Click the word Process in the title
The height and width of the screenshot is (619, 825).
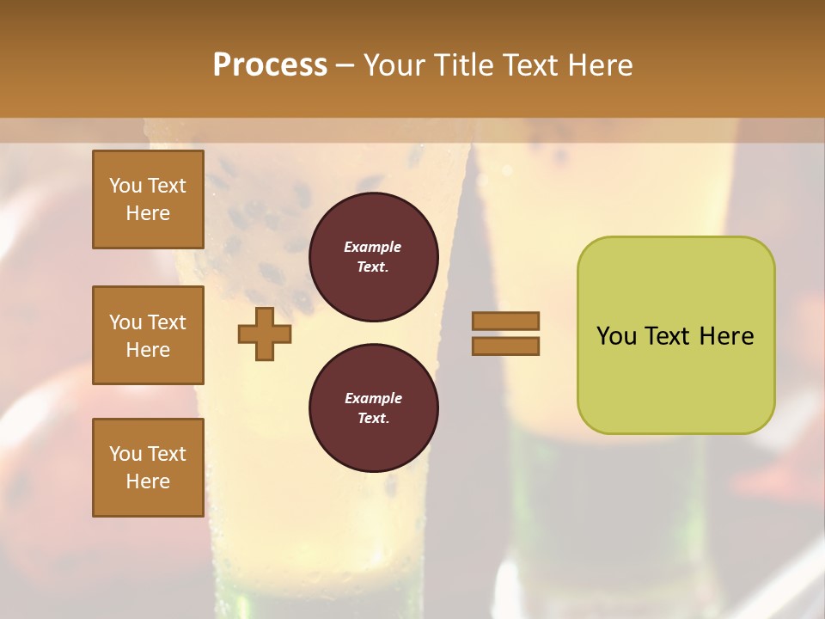[x=270, y=65]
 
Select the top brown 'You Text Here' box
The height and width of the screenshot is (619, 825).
[x=148, y=199]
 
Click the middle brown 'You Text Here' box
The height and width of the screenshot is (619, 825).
[x=148, y=335]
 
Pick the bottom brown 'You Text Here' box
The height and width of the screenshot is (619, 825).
[x=148, y=468]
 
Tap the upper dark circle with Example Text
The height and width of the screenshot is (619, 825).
[x=373, y=257]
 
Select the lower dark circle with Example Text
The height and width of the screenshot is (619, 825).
[x=373, y=408]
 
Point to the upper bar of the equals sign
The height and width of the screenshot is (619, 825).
[x=505, y=321]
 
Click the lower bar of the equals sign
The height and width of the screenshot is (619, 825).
[x=505, y=346]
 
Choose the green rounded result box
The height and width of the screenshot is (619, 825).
[x=675, y=335]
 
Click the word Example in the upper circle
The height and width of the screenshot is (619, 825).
[x=373, y=248]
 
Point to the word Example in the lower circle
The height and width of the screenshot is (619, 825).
[x=373, y=399]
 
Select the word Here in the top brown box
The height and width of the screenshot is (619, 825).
[x=148, y=213]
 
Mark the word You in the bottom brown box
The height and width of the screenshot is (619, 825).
[x=125, y=454]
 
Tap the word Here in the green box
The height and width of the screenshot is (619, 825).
[x=726, y=336]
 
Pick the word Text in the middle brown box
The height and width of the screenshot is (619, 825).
[x=167, y=322]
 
